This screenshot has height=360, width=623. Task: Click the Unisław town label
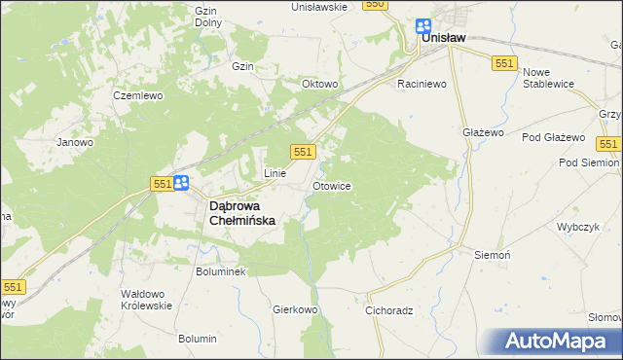443,38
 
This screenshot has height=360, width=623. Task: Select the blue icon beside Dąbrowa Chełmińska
180,182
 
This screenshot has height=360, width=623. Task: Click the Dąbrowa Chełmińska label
243,213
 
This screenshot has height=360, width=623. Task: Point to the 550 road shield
376,5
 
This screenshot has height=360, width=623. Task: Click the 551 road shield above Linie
303,151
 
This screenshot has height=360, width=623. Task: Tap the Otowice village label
332,185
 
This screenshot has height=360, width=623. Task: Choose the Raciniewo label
421,85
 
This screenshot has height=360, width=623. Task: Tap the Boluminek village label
221,271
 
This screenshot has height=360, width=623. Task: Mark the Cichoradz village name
390,312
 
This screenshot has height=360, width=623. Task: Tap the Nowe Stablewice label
550,78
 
